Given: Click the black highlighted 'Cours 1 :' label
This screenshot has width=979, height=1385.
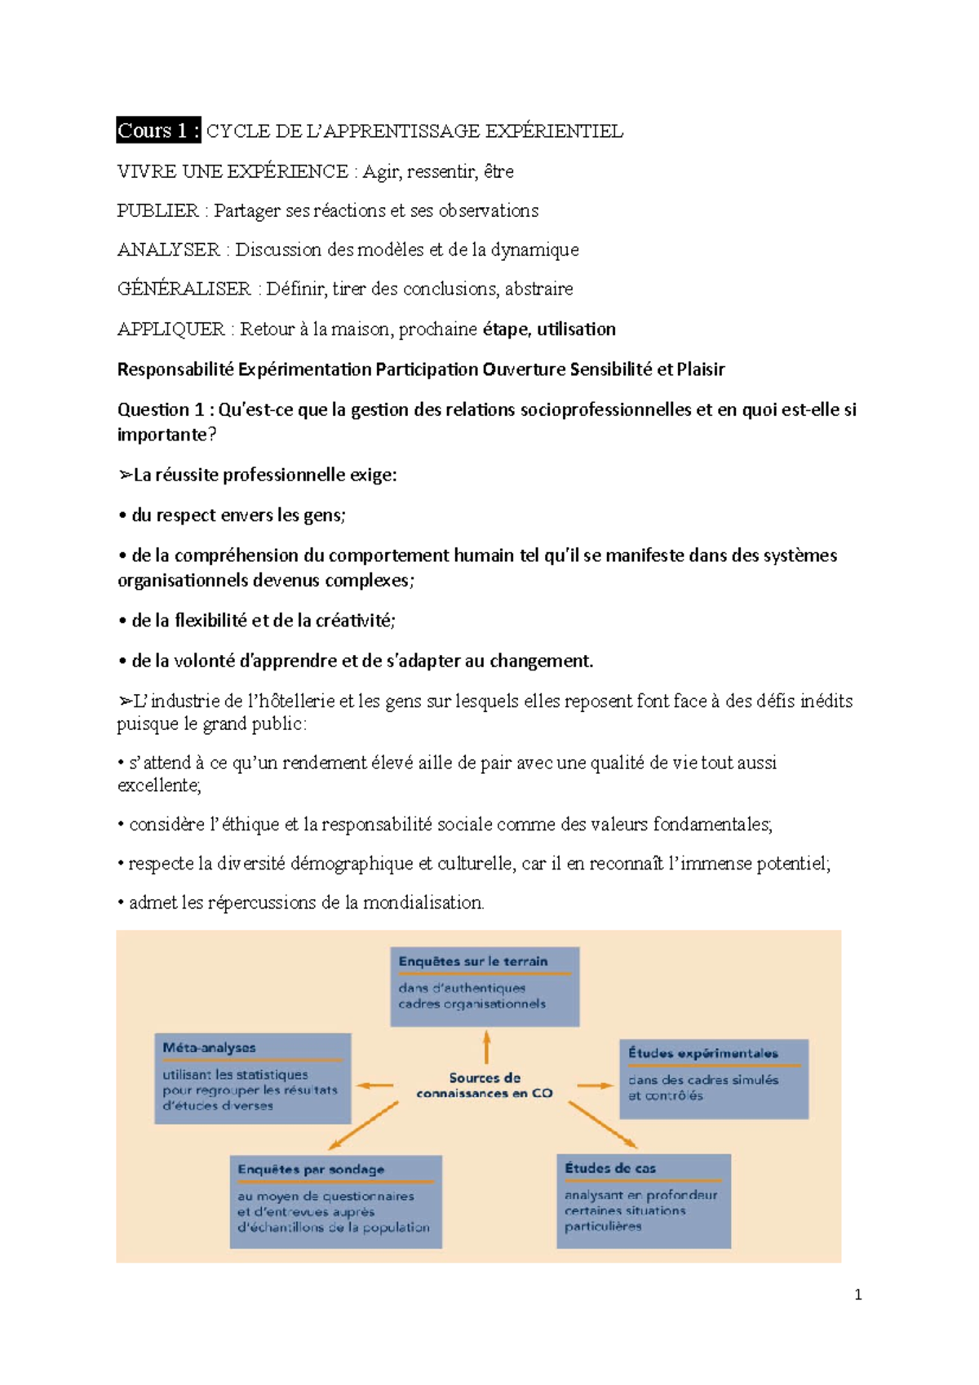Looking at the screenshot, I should tap(158, 131).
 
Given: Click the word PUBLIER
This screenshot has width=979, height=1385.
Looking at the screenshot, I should tap(157, 210).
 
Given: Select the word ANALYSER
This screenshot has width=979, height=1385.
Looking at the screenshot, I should tap(168, 250).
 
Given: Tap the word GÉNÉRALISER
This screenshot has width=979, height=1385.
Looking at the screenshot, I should tap(184, 289).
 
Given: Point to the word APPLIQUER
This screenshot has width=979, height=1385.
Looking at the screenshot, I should tap(171, 329).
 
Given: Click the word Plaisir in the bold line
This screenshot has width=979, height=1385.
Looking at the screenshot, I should tap(700, 369).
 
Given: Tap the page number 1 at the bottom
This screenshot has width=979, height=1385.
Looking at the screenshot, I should tap(857, 1294).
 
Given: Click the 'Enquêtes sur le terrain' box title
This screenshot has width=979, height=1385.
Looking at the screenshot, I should tap(473, 962).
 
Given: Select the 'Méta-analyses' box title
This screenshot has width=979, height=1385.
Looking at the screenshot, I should tap(209, 1047).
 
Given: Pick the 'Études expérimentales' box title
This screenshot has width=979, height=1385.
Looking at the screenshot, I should tap(702, 1053).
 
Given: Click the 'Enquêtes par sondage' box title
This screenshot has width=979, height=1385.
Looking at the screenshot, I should tap(311, 1169).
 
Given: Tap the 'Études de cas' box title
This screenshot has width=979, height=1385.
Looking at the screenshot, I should tap(609, 1168).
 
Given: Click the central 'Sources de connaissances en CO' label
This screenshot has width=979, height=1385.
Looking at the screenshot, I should tap(485, 1086).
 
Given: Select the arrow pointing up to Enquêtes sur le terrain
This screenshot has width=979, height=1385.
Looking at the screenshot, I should tap(486, 1046).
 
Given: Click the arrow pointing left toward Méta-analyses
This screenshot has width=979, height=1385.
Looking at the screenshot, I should tap(375, 1086).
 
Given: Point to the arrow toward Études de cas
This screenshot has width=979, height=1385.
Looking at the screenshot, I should tap(602, 1124).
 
